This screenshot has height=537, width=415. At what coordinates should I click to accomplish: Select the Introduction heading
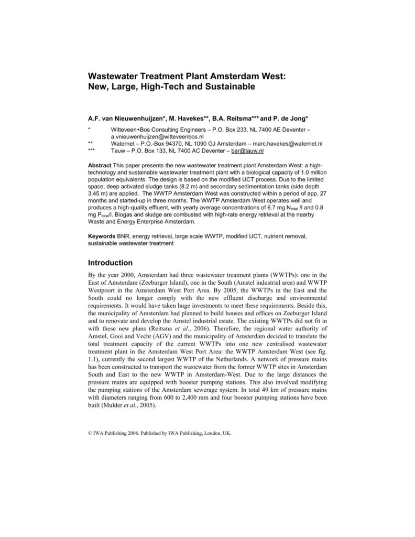(x=110, y=263)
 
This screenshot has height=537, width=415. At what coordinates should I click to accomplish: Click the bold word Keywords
(x=102, y=237)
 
